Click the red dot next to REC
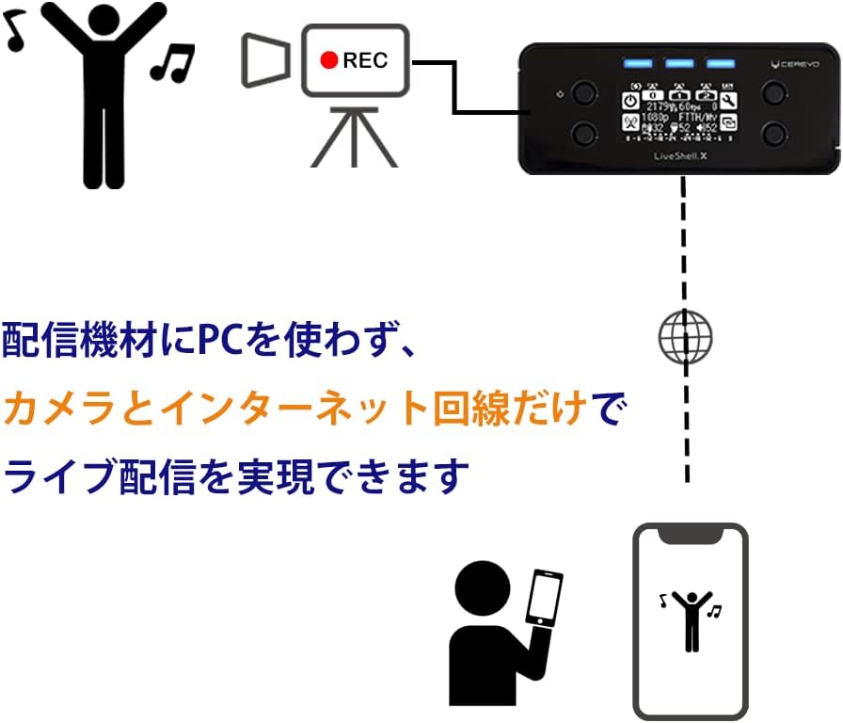tap(328, 60)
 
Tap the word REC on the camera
tap(365, 61)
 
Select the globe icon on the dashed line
tap(685, 336)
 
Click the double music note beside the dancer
tap(173, 63)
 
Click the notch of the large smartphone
tap(691, 535)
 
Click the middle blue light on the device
tap(678, 64)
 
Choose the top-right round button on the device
tap(774, 91)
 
